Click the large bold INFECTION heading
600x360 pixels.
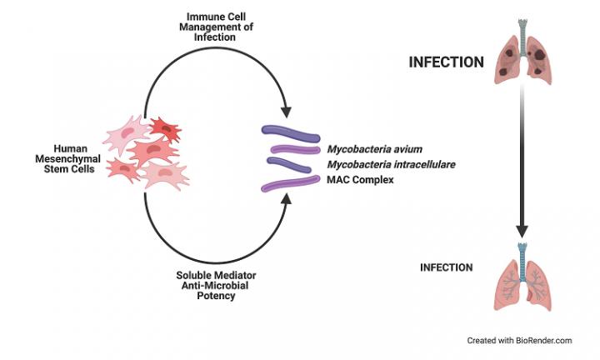click(446, 62)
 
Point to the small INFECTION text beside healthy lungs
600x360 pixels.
click(446, 267)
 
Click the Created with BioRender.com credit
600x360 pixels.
click(519, 340)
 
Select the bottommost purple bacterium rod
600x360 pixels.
click(291, 186)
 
